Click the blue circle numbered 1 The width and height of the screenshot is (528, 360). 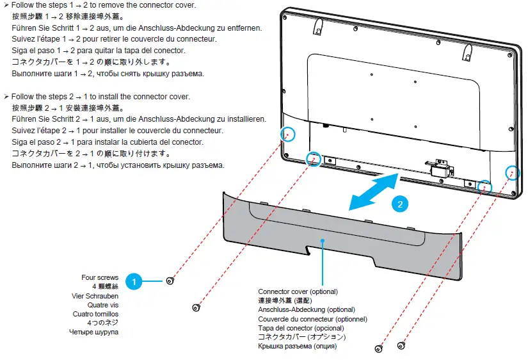pos(134,281)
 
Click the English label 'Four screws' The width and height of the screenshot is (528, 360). pos(100,278)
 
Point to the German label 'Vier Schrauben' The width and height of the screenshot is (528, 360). pos(95,296)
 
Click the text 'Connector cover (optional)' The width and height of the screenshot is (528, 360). pos(298,291)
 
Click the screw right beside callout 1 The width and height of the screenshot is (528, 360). pos(170,281)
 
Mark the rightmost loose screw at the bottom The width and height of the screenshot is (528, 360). pos(401,346)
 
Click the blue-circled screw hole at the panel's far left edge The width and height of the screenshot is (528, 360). pos(289,134)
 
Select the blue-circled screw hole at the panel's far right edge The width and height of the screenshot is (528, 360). pos(512,172)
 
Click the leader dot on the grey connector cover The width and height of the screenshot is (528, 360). pos(324,241)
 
